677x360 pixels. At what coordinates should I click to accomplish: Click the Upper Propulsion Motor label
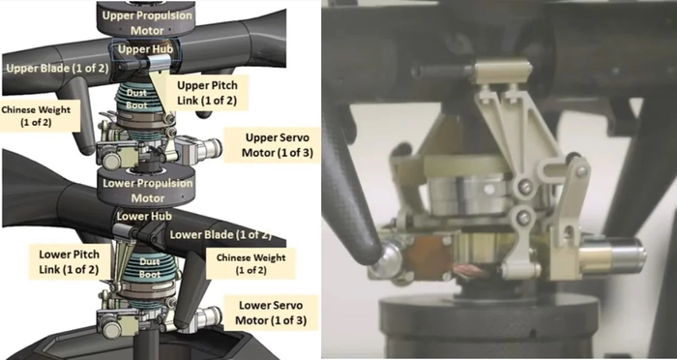[147, 23]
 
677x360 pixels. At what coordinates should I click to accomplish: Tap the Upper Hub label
[145, 49]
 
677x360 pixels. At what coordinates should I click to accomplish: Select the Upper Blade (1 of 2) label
[57, 69]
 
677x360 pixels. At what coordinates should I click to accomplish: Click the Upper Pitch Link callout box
[207, 94]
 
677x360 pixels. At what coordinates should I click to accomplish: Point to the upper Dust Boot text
[137, 99]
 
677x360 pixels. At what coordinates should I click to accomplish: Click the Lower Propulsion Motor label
[148, 191]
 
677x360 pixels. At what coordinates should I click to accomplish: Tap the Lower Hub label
[144, 216]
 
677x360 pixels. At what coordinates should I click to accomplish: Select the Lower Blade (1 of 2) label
[221, 235]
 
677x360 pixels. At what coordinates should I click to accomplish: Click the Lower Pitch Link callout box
[69, 262]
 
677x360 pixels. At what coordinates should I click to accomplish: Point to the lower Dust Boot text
[150, 268]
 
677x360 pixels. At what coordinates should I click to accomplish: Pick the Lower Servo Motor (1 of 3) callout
[271, 313]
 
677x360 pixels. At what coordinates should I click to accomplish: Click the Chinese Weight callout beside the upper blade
[36, 116]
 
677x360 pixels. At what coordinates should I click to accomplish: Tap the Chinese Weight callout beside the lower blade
[250, 263]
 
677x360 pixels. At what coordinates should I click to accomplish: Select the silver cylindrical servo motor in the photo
[612, 255]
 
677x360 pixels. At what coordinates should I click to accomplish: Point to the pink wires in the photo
[474, 271]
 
